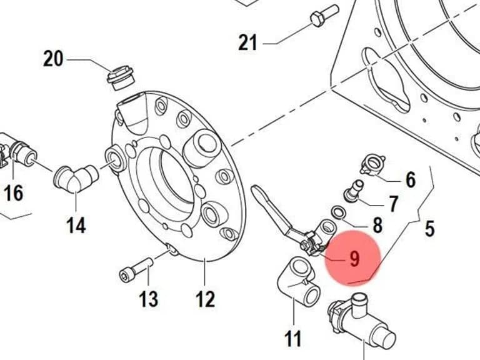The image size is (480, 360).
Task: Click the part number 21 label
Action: click(x=247, y=42)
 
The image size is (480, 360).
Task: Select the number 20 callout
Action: click(x=53, y=59)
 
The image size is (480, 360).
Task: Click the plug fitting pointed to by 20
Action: click(x=121, y=77)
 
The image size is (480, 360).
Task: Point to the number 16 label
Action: click(x=13, y=193)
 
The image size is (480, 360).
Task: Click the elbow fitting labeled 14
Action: click(x=76, y=179)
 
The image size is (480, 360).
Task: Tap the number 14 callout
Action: click(x=76, y=226)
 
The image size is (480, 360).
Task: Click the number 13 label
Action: click(x=149, y=299)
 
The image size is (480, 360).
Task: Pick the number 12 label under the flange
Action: click(x=206, y=299)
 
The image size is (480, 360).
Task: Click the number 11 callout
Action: click(x=293, y=339)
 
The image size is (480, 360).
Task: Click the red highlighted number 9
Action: click(x=354, y=259)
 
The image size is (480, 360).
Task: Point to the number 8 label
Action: click(x=377, y=225)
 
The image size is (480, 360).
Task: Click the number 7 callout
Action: click(x=393, y=204)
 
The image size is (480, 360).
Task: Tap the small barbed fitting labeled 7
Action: click(x=354, y=191)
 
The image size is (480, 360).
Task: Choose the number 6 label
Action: click(x=411, y=179)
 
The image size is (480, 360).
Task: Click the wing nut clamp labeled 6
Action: click(x=373, y=166)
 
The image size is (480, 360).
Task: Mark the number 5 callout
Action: click(x=429, y=228)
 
